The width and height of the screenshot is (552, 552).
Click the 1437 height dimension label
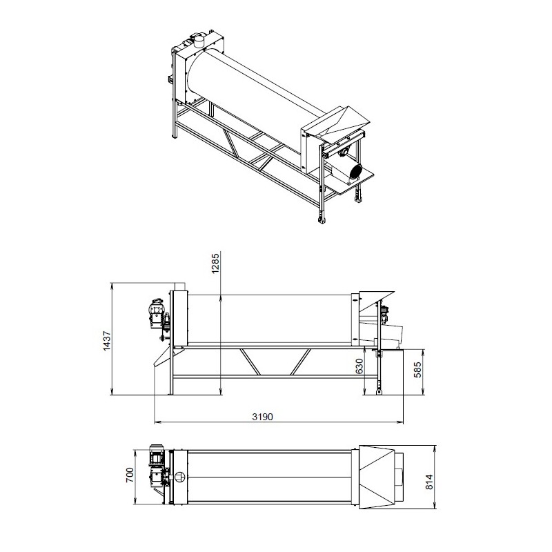(107, 340)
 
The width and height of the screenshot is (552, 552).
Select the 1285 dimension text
(215, 263)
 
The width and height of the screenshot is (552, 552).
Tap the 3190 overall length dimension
(263, 417)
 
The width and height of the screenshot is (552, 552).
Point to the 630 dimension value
(359, 366)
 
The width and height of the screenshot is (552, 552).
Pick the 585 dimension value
(417, 370)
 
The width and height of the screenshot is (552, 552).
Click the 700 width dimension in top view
(130, 475)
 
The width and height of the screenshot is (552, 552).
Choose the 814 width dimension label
(429, 482)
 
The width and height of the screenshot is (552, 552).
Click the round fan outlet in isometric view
(356, 172)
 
